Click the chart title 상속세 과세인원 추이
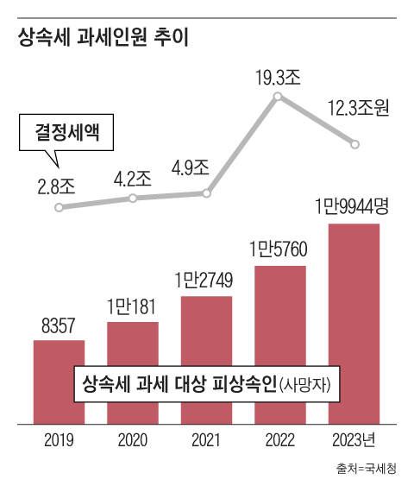point(97,38)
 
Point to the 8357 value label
point(59,327)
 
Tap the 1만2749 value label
point(206,281)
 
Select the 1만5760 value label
point(280,250)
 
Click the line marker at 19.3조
point(278,97)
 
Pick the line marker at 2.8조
point(59,208)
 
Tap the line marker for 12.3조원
point(354,144)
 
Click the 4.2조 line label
point(132,180)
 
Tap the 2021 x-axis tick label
point(206,441)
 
